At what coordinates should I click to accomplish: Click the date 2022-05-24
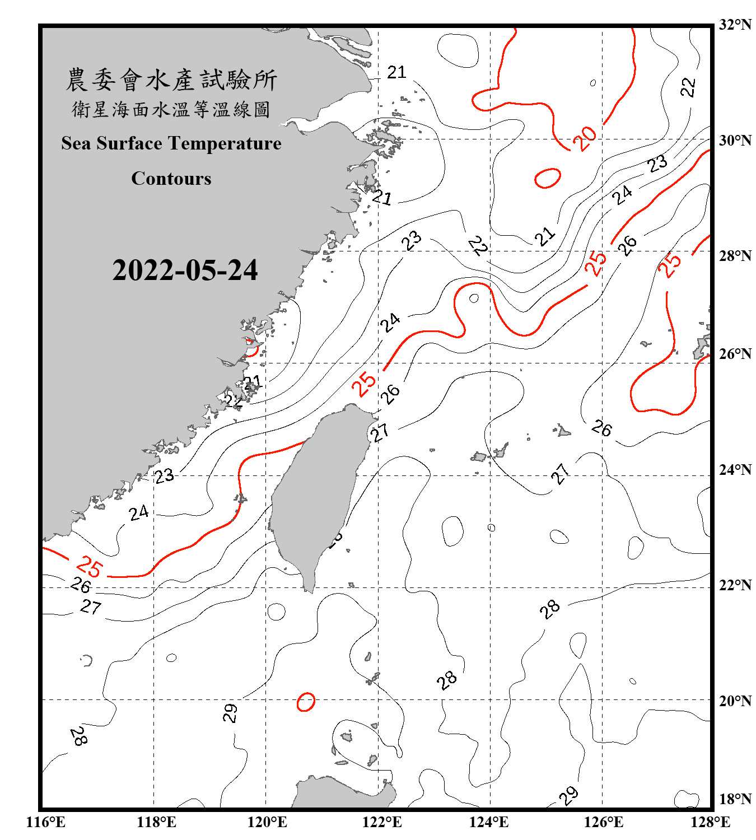[185, 270]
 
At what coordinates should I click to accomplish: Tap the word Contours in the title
[171, 178]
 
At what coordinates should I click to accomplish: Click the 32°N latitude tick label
[735, 25]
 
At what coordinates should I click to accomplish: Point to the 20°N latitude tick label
[735, 701]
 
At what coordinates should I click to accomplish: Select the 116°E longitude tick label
[46, 822]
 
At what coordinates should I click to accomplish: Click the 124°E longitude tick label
[489, 822]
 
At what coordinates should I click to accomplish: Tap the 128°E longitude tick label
[710, 822]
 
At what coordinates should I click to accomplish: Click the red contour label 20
[585, 138]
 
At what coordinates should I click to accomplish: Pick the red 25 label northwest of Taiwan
[364, 384]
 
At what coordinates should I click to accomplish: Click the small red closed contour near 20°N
[306, 702]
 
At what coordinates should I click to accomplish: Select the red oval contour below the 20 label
[547, 178]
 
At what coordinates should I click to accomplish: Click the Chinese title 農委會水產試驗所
[171, 80]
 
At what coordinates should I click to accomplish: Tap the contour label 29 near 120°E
[230, 713]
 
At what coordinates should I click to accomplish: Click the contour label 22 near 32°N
[688, 87]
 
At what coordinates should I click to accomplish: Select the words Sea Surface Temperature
[171, 143]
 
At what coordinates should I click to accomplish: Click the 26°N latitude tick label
[735, 354]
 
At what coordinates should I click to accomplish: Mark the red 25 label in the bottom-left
[90, 566]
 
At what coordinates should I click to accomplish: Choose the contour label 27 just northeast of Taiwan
[380, 432]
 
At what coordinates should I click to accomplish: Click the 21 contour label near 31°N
[396, 72]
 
